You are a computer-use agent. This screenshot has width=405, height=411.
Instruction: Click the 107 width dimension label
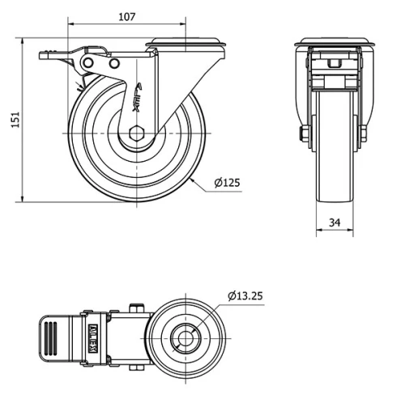(x=126, y=15)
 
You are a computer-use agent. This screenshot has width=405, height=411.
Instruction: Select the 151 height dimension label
(x=14, y=119)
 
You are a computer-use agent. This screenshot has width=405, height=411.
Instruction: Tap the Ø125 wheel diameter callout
(x=228, y=182)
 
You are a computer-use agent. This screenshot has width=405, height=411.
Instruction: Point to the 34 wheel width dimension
(x=334, y=222)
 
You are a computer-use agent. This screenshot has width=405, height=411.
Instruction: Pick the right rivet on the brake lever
(x=114, y=63)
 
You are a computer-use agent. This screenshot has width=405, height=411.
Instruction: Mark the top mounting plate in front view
(x=334, y=41)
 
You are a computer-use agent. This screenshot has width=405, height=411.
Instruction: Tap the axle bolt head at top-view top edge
(x=136, y=307)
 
